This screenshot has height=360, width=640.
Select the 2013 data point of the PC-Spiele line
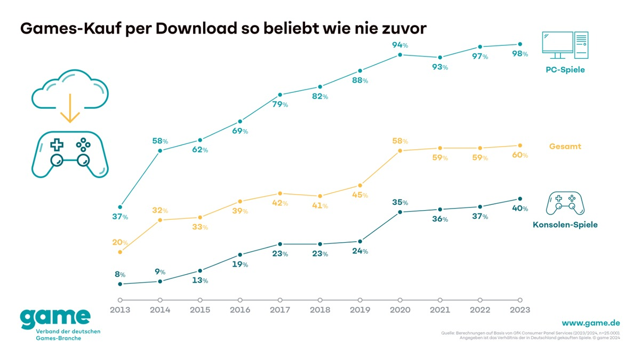[x=120, y=207]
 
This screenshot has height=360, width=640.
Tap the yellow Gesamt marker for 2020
[x=400, y=151]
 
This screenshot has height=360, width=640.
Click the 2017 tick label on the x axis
[x=280, y=310]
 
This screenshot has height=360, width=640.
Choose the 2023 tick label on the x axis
[x=520, y=310]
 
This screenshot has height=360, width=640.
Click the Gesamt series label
[x=565, y=146]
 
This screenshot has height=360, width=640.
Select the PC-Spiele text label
[x=565, y=70]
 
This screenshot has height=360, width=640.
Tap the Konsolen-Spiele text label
[x=565, y=225]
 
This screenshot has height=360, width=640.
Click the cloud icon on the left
[x=70, y=90]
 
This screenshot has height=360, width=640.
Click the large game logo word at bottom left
[x=55, y=318]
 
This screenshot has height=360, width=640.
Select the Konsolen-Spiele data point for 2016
[x=240, y=255]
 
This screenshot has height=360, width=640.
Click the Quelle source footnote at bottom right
[x=531, y=335]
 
